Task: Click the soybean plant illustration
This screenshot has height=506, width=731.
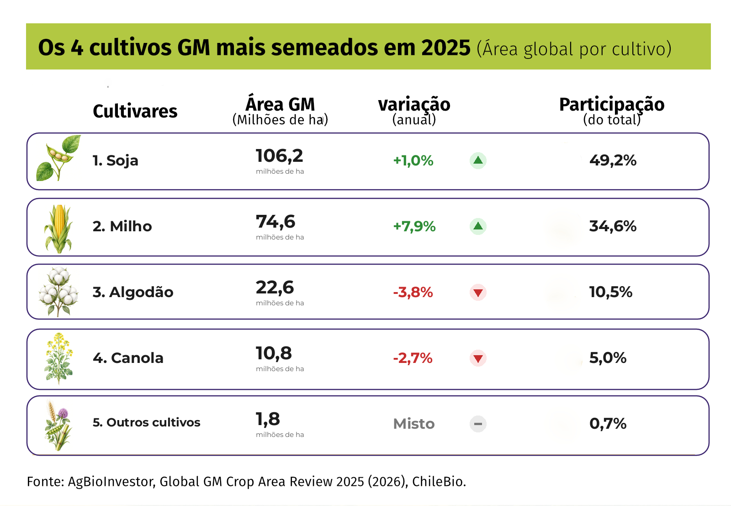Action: [58, 158]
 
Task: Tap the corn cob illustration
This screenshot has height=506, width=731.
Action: [58, 229]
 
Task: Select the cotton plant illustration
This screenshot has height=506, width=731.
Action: [58, 292]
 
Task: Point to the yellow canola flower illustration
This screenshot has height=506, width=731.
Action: [58, 358]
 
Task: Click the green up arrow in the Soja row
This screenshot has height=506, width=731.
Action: [478, 160]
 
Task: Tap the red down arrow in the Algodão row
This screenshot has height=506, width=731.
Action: [478, 292]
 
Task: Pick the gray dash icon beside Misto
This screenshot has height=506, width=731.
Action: [478, 424]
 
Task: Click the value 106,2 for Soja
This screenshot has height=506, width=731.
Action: [279, 156]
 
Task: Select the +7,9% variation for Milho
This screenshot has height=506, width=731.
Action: [414, 226]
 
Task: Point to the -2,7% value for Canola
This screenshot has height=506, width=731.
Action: [413, 358]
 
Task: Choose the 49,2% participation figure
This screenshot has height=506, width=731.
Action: [613, 160]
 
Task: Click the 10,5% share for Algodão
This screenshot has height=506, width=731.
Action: [610, 292]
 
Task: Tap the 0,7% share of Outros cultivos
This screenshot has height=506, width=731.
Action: [608, 423]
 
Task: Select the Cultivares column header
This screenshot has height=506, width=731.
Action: [135, 111]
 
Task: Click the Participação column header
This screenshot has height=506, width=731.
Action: [612, 105]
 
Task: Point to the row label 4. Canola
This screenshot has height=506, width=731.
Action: [128, 358]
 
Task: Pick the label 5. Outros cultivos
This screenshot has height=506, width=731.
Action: [147, 422]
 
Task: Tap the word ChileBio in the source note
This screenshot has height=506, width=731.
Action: [439, 481]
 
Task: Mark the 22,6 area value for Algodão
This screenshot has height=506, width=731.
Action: [275, 288]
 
